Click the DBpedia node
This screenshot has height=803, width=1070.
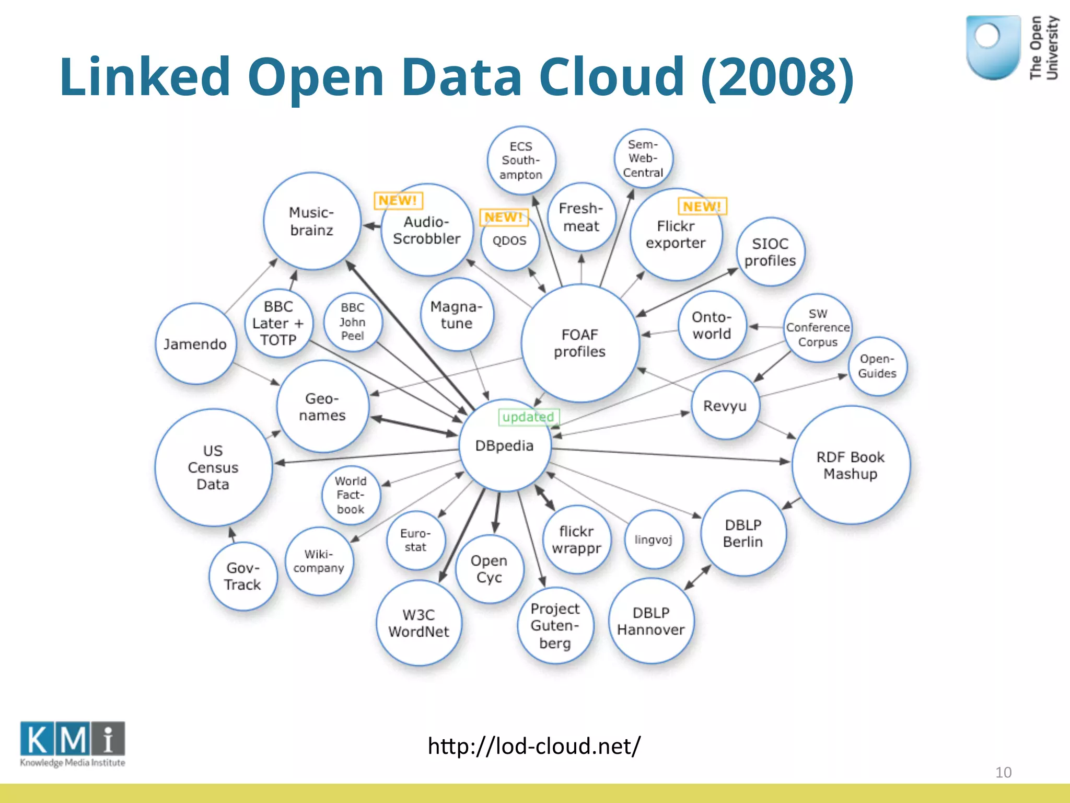point(505,446)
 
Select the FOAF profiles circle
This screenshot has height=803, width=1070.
point(580,343)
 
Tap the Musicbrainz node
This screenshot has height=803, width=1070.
point(312,221)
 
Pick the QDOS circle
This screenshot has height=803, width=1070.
point(509,241)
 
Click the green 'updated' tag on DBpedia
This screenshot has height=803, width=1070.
point(528,417)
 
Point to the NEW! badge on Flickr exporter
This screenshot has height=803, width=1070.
point(702,207)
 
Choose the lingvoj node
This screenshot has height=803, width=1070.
point(653,540)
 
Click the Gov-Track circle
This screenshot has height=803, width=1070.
point(242,576)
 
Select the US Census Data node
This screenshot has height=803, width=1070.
point(213,467)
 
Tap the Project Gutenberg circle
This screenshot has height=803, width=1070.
point(555,626)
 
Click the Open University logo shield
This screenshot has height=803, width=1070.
point(993,47)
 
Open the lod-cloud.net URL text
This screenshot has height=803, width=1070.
point(534,746)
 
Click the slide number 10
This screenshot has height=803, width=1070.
point(1003,772)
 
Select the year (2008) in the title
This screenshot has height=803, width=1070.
point(777,77)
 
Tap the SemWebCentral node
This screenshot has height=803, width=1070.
point(643,158)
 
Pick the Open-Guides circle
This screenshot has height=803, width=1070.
point(877,366)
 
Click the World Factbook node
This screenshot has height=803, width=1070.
point(351,495)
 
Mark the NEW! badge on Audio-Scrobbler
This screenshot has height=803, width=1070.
point(398,200)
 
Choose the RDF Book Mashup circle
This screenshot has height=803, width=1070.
point(851,465)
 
